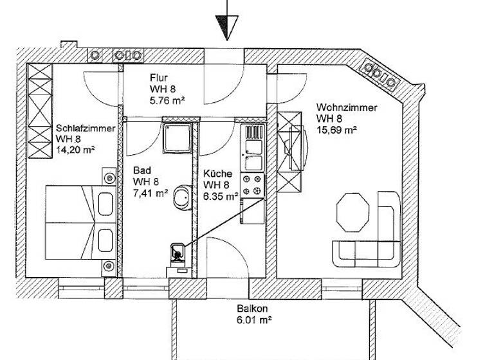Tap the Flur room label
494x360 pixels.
(160, 78)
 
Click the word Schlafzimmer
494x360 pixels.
(86, 129)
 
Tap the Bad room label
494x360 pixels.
(142, 171)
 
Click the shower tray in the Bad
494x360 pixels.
(177, 138)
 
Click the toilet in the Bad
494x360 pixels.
(176, 253)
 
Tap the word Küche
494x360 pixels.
(217, 174)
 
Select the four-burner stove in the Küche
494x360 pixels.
(252, 185)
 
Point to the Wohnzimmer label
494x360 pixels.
(346, 108)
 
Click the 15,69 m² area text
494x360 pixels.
(336, 130)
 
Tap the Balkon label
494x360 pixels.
(249, 307)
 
